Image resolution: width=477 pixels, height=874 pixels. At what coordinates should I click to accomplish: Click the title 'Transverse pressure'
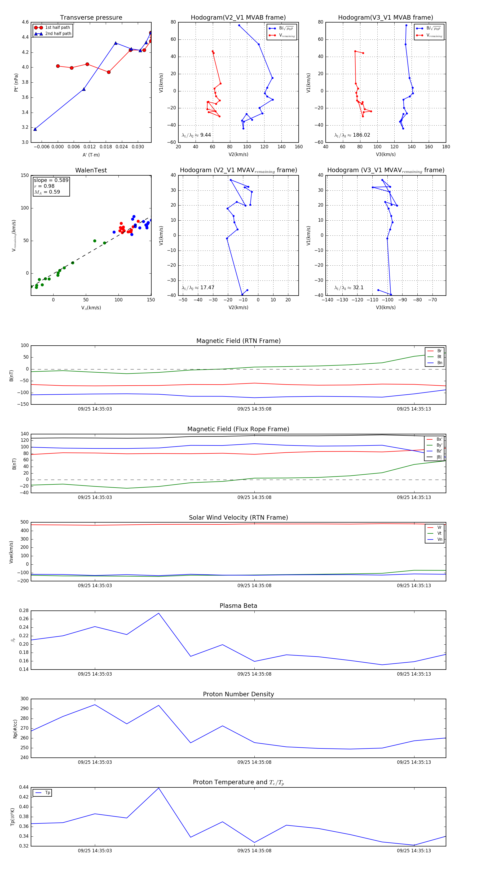(x=91, y=18)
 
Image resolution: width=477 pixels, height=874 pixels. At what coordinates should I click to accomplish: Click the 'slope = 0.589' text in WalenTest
(x=51, y=180)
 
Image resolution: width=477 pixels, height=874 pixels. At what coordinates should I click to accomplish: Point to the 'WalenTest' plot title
(x=91, y=170)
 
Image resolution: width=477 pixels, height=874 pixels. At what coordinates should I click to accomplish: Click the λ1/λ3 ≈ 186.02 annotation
(x=352, y=135)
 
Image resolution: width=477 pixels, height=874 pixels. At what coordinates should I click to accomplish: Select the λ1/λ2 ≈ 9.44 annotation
(x=196, y=135)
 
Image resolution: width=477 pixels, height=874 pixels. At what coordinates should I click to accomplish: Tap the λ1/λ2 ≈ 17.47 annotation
(x=198, y=288)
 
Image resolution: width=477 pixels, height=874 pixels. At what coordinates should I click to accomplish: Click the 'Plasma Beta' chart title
(x=238, y=606)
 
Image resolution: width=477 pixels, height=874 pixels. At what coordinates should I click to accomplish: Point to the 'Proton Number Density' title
(x=238, y=694)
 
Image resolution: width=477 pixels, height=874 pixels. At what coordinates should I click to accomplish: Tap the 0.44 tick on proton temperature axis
(x=24, y=787)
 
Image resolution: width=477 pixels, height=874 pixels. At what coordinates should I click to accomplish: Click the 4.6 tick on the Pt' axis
(x=25, y=22)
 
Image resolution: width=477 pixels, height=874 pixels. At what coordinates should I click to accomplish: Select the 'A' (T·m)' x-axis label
(x=91, y=155)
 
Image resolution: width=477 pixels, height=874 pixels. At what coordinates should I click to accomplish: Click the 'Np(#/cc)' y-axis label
(x=15, y=729)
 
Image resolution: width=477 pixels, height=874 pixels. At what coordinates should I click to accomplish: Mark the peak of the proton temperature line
(x=158, y=788)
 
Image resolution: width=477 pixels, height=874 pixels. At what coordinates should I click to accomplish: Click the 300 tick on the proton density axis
(x=24, y=699)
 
